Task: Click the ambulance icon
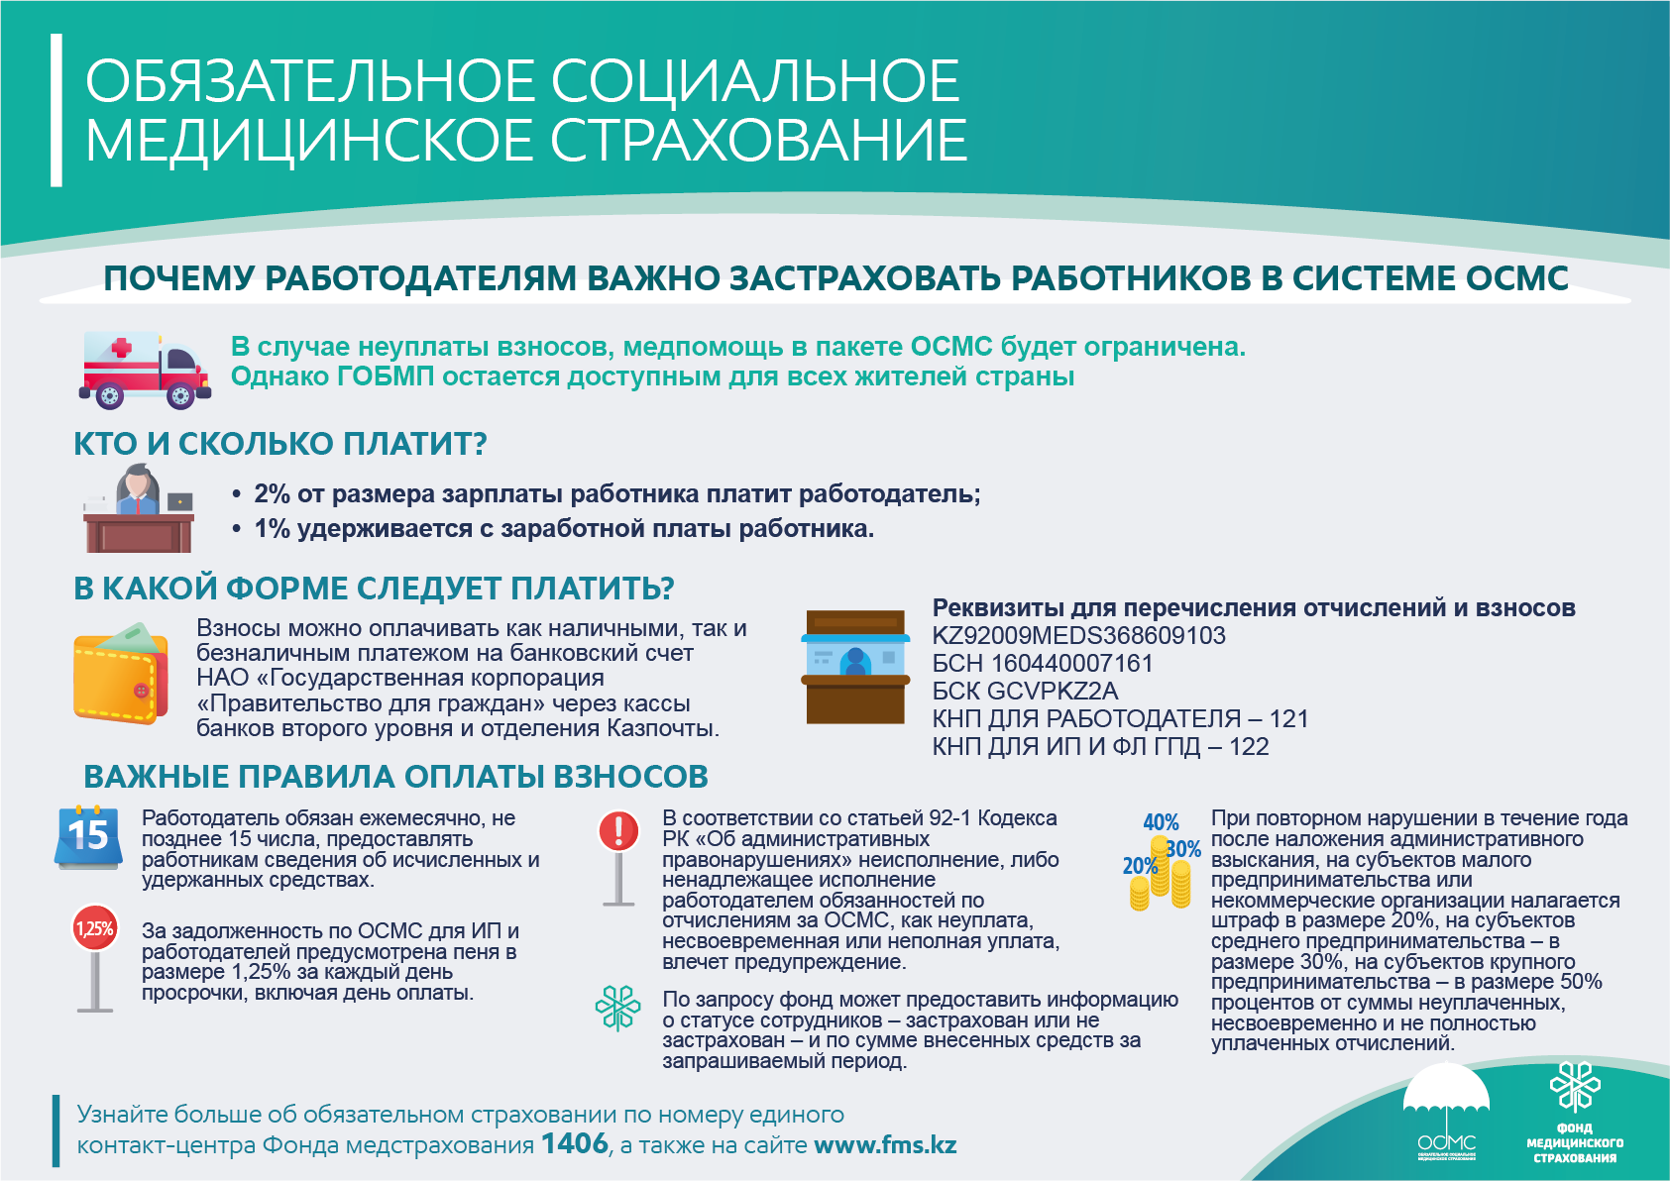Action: pos(144,370)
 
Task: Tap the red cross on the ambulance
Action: pos(122,348)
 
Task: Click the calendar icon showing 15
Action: pos(87,837)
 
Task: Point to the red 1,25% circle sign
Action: pos(95,928)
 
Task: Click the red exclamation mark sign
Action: pos(618,830)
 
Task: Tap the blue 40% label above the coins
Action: pos(1161,822)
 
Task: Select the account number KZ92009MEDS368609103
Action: pos(1078,636)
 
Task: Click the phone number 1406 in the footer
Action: pos(575,1144)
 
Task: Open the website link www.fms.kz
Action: pos(885,1145)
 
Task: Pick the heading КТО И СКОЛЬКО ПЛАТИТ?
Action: pos(280,444)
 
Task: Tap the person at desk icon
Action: pos(138,509)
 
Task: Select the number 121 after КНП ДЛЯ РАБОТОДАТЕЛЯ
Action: pos(1288,719)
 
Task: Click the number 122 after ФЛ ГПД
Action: pos(1249,747)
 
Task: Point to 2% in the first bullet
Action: pos(272,494)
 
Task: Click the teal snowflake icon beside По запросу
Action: pos(617,1009)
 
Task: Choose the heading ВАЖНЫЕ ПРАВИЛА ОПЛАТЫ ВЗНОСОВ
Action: pos(395,777)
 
